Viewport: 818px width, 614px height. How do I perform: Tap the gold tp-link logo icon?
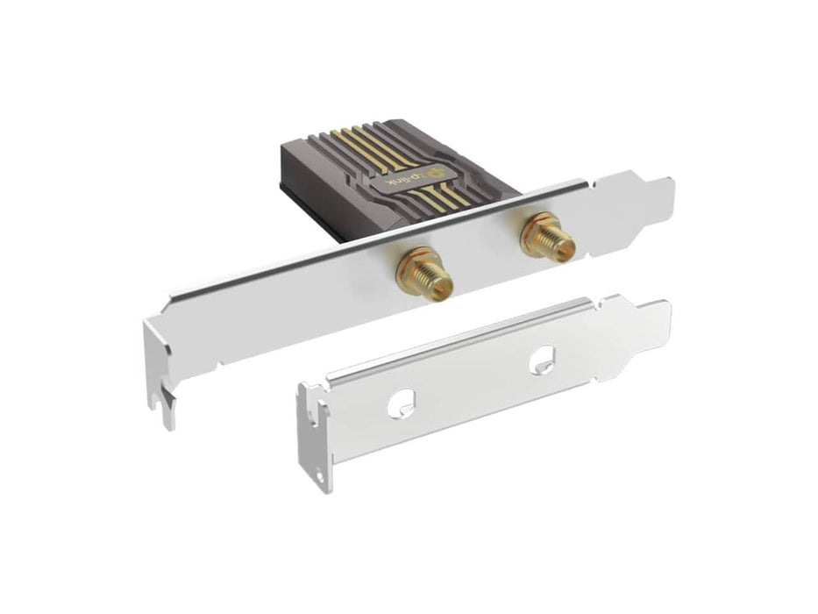pyautogui.click(x=435, y=172)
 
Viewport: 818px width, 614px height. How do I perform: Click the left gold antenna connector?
pyautogui.click(x=423, y=275)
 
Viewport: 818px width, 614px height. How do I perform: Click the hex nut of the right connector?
pyautogui.click(x=537, y=230)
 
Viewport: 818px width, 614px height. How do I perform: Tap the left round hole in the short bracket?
pyautogui.click(x=401, y=402)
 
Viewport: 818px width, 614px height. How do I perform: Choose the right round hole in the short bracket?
pyautogui.click(x=543, y=361)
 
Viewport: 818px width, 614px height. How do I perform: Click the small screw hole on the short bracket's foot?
pyautogui.click(x=320, y=476)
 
